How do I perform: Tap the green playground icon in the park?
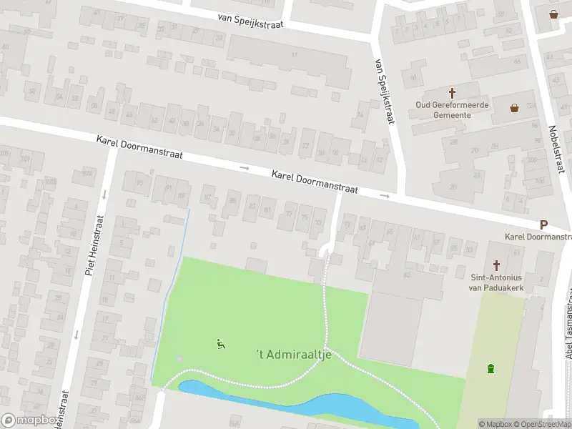coord(220,344)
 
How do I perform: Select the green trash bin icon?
coord(490,369)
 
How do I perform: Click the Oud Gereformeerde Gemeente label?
coord(452,109)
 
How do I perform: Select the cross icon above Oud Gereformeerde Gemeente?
coord(452,93)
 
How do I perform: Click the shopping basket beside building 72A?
coord(514,108)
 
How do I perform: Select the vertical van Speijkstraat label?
coord(384,91)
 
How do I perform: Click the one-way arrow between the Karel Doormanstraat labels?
coord(245,168)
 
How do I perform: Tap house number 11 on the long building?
coord(294,55)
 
